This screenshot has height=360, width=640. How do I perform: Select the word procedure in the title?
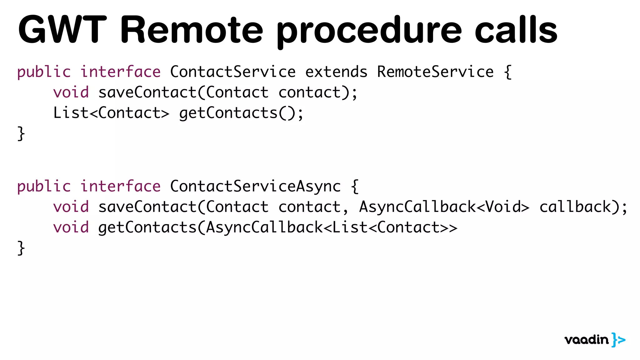369,31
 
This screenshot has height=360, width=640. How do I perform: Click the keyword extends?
336,72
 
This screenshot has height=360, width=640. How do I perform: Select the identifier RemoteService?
435,72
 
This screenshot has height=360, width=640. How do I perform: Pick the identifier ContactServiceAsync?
255,186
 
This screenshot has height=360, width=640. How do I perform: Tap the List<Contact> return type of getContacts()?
111,113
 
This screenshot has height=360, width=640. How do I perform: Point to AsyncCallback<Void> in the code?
444,207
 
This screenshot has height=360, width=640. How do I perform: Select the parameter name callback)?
583,207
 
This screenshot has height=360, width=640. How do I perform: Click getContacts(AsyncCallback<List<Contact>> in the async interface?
277,227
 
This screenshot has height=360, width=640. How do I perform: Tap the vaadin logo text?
587,340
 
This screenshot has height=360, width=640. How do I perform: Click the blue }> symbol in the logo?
618,340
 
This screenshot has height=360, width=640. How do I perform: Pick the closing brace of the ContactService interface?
21,134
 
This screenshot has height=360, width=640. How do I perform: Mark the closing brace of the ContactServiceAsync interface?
21,248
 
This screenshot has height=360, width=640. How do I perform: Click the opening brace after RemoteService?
508,72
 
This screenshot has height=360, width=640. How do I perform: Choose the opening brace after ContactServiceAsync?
355,186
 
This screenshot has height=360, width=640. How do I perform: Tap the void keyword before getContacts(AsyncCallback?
71,227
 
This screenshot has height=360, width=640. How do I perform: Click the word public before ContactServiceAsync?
44,186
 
